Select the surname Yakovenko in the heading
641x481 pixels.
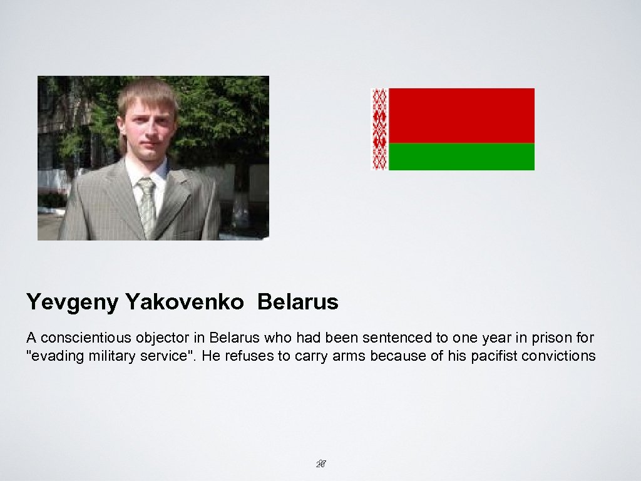185,303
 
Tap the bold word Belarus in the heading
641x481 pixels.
297,303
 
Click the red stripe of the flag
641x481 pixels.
461,115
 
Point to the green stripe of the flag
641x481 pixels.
461,157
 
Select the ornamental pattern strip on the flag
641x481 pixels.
380,129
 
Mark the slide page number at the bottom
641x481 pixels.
322,464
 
